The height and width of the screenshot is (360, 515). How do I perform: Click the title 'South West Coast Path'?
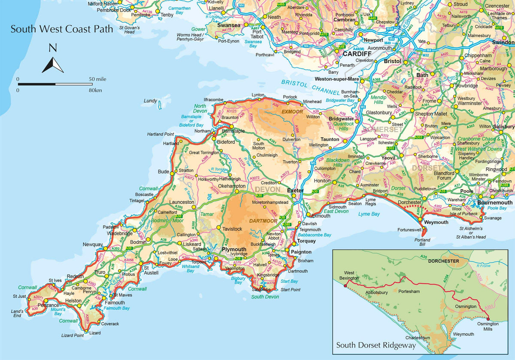click(x=62, y=30)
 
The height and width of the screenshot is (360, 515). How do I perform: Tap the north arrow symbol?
click(x=53, y=60)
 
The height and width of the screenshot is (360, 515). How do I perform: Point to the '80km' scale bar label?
click(x=95, y=90)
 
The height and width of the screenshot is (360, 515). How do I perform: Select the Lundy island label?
click(x=150, y=101)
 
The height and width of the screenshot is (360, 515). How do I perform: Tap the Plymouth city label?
click(x=234, y=249)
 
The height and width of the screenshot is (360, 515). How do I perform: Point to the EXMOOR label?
click(x=292, y=112)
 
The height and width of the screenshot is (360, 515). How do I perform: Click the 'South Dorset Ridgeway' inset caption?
click(x=376, y=345)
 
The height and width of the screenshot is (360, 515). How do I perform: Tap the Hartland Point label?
click(x=160, y=134)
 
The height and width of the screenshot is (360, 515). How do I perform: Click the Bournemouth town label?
click(x=495, y=203)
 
